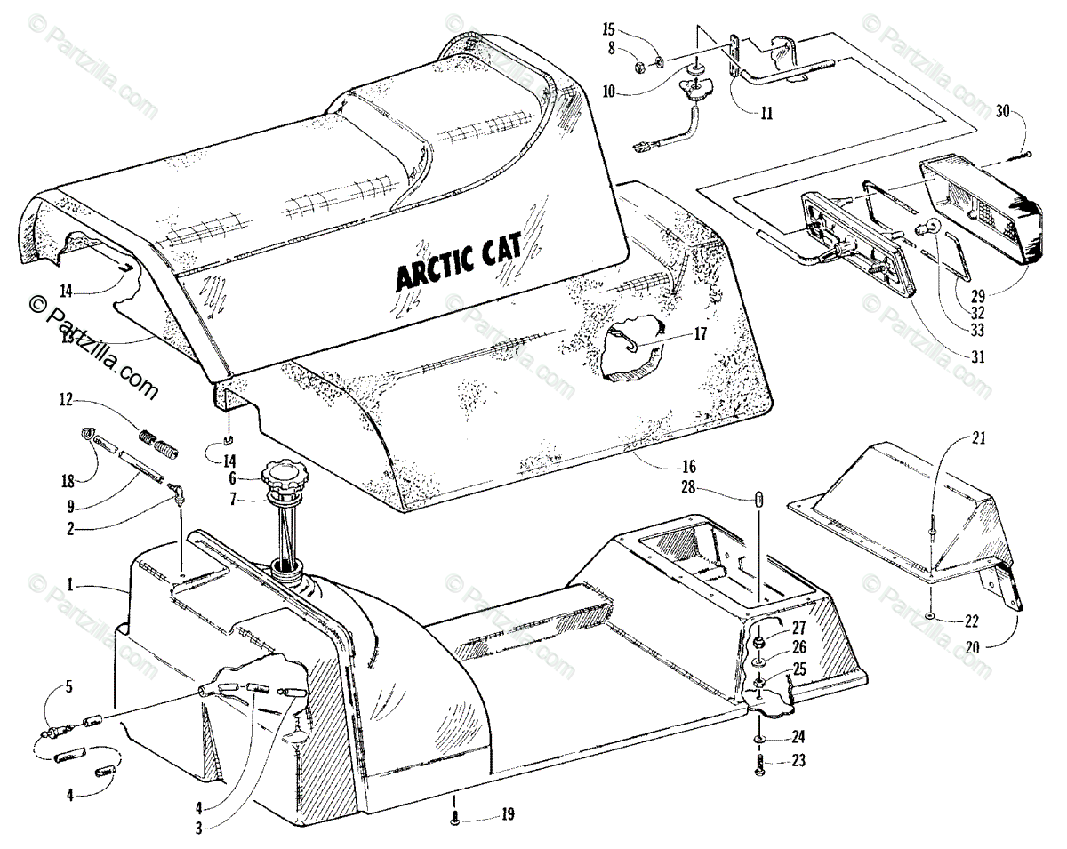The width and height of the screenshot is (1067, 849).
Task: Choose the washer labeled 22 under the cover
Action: point(929,615)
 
